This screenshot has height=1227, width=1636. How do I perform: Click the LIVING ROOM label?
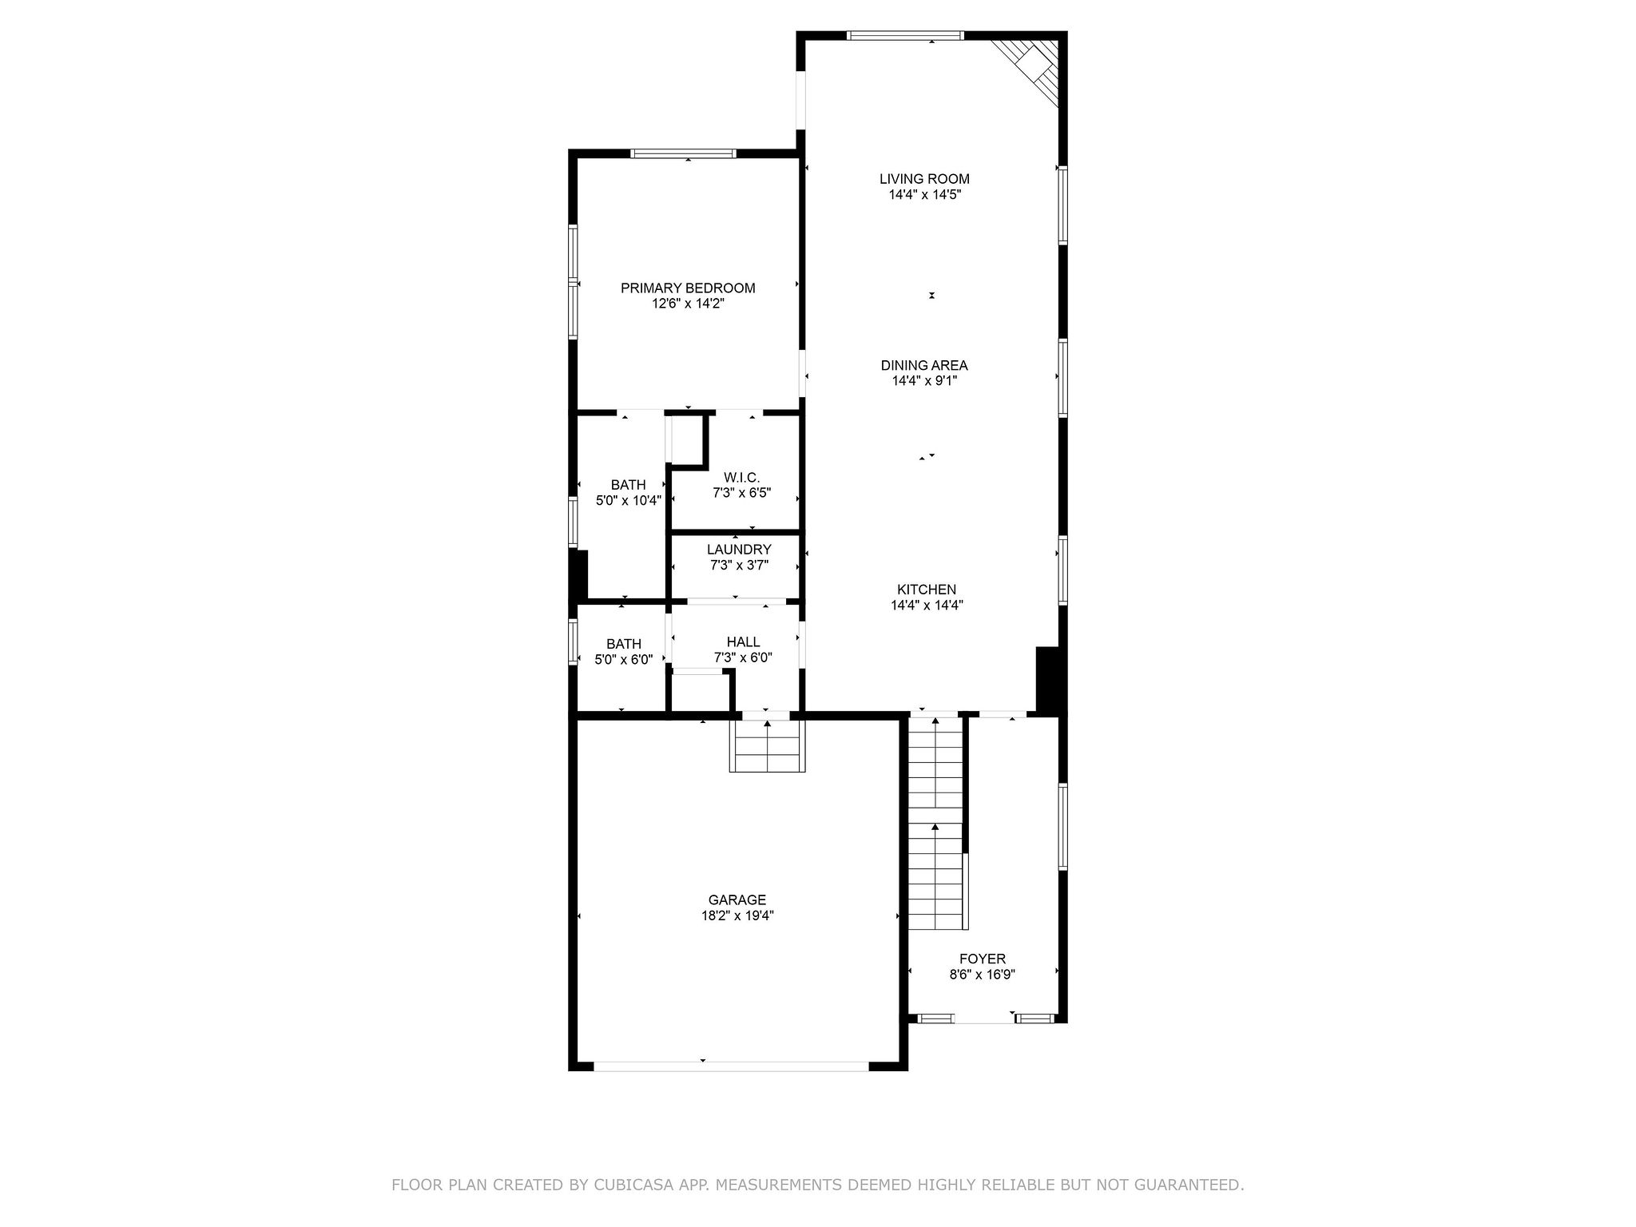point(924,179)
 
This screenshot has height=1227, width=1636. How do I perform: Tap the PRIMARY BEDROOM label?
point(688,288)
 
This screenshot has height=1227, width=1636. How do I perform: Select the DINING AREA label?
point(924,365)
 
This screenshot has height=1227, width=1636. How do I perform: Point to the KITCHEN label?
point(927,590)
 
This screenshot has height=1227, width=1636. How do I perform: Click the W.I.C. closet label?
point(741,477)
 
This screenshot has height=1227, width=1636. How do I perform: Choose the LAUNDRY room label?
point(739,550)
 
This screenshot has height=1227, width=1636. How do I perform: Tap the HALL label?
point(743,642)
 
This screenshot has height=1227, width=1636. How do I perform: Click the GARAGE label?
point(737,900)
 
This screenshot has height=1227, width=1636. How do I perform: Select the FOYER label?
point(983,959)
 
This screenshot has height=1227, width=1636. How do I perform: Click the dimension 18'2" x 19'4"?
point(737,916)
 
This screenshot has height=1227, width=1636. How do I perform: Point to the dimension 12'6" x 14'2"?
point(688,304)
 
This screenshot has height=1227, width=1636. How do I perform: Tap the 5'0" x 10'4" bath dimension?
point(629,501)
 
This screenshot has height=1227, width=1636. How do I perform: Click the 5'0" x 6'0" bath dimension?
point(624,660)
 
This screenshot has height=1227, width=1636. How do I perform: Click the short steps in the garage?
point(767,745)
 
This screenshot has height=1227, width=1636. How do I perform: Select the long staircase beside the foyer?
point(935,823)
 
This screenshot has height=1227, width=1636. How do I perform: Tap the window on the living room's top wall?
point(905,35)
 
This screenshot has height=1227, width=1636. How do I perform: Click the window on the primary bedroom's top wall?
point(683,153)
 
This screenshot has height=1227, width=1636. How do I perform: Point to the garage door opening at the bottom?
point(731,1066)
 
